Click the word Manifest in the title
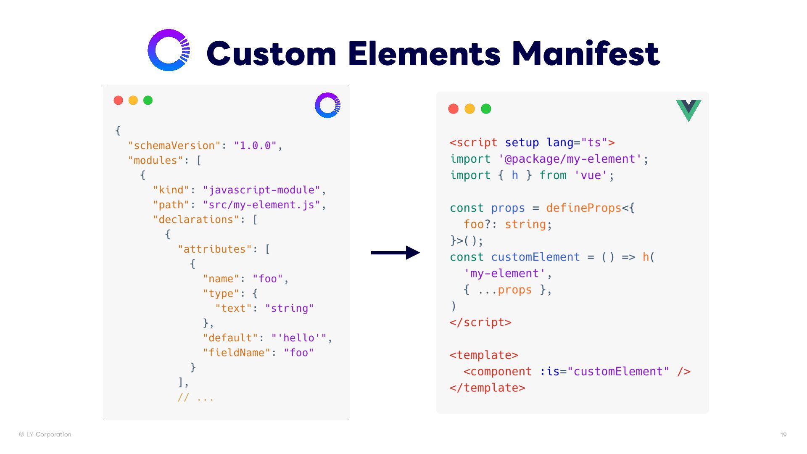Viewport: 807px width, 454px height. pyautogui.click(x=585, y=54)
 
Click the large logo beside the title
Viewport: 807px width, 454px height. pyautogui.click(x=169, y=50)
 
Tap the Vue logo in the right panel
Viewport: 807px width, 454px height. pyautogui.click(x=688, y=110)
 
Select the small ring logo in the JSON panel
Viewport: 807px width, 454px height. pyautogui.click(x=327, y=105)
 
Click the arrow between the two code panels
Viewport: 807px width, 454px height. pyautogui.click(x=395, y=253)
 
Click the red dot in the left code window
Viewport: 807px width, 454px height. pyautogui.click(x=119, y=100)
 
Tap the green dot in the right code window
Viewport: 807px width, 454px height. pyautogui.click(x=486, y=109)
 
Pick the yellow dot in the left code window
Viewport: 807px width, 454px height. pyautogui.click(x=133, y=100)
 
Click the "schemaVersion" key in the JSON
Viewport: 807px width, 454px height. pyautogui.click(x=174, y=146)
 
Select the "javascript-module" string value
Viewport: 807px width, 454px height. pyautogui.click(x=261, y=190)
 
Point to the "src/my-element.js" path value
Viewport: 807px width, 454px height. pyautogui.click(x=261, y=205)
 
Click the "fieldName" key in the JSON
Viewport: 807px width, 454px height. pyautogui.click(x=237, y=353)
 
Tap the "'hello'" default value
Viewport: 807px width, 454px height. pyautogui.click(x=299, y=338)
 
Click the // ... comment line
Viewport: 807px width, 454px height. pyautogui.click(x=195, y=398)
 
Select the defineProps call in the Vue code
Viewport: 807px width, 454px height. pyautogui.click(x=583, y=208)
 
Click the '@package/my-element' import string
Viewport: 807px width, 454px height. pyautogui.click(x=570, y=159)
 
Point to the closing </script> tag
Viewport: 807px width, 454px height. pyautogui.click(x=480, y=322)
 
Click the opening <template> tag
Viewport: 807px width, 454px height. pyautogui.click(x=484, y=355)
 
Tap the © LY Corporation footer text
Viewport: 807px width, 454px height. pyautogui.click(x=45, y=435)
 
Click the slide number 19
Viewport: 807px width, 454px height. pyautogui.click(x=783, y=435)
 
